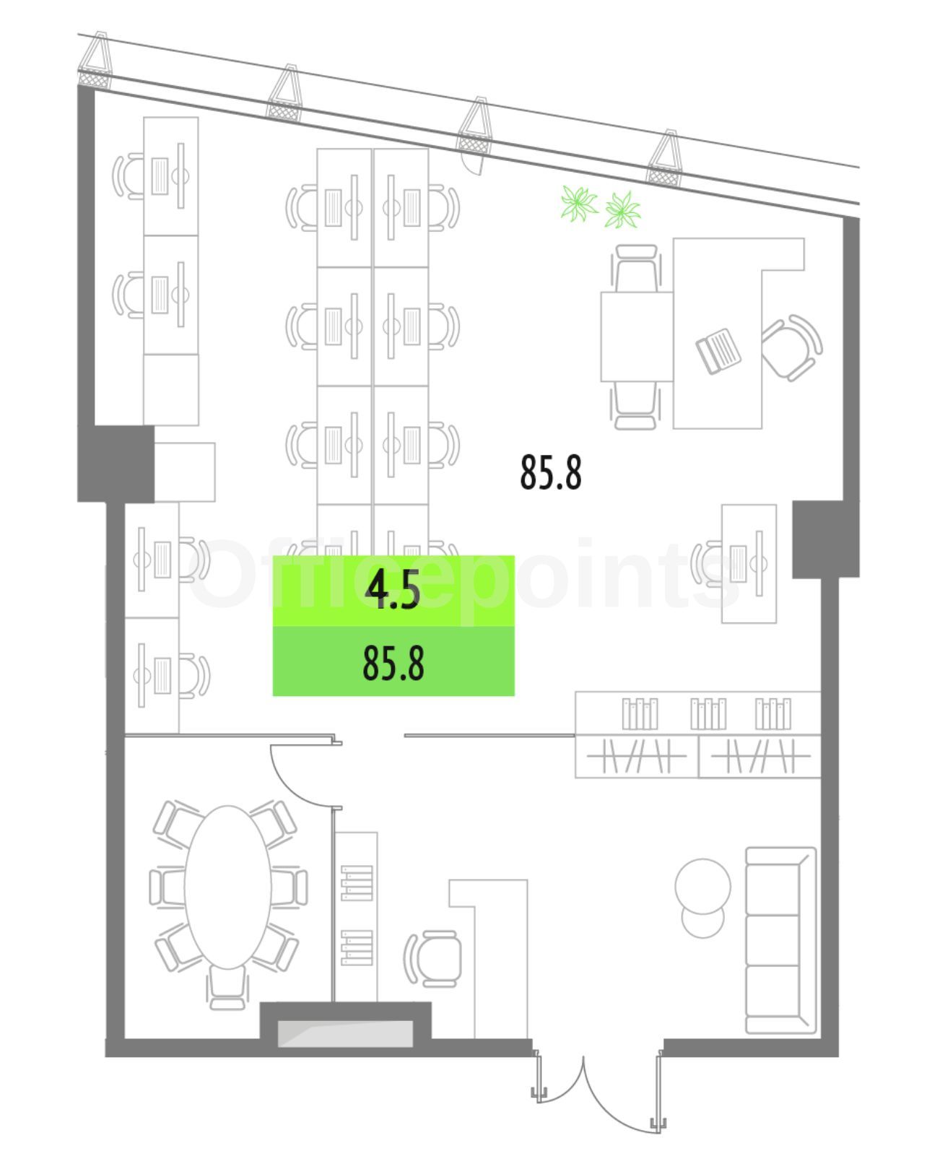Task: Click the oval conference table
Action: pos(227,887)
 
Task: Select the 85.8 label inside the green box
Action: pos(393,663)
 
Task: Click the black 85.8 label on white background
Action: pos(551,472)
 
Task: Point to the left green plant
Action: pos(579,203)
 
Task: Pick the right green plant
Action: pos(622,209)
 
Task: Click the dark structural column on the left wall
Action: pos(116,464)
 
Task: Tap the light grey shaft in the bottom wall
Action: pos(345,1033)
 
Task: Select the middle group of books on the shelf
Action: pos(708,713)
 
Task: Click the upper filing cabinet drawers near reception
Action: pos(357,882)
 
